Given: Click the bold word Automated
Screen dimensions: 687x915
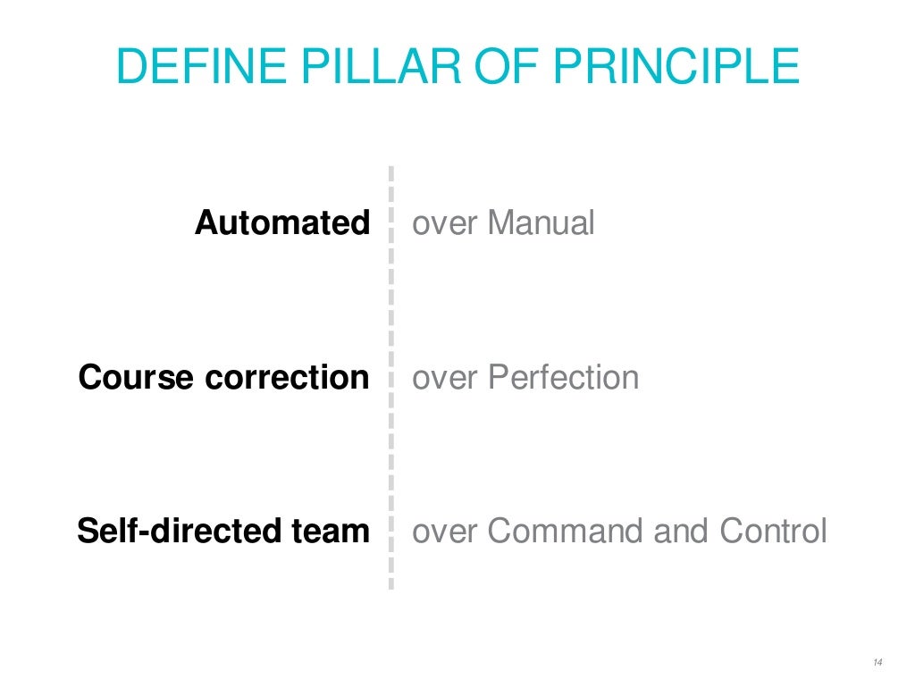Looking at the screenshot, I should [x=282, y=222].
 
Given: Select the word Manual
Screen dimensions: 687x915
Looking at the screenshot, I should [x=541, y=222].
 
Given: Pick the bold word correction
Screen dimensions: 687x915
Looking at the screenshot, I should [x=287, y=377].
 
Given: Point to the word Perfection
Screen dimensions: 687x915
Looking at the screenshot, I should [x=564, y=377].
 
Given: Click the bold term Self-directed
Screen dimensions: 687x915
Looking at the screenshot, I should [x=179, y=532].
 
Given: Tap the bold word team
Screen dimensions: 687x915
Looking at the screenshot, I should [x=330, y=532].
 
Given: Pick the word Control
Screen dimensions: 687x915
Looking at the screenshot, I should [x=774, y=532].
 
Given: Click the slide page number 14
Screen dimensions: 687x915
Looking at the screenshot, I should [x=877, y=662].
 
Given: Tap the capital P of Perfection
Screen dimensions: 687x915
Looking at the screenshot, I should [x=497, y=377].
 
